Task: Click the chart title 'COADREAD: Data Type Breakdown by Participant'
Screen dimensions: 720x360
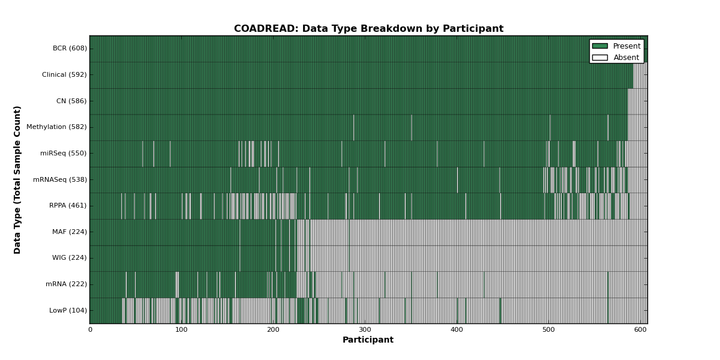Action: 368,29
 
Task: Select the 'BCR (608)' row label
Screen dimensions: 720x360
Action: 70,48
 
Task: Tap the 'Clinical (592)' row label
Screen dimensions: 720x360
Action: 64,74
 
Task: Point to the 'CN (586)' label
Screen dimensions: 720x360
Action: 71,101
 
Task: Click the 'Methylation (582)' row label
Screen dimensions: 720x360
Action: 56,127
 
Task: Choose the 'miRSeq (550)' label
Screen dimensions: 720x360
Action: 64,154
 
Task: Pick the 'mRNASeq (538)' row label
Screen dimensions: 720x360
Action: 60,179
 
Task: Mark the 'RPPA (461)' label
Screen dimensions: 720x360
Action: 68,205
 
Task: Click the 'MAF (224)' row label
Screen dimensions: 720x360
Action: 70,232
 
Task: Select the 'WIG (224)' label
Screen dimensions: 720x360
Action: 70,258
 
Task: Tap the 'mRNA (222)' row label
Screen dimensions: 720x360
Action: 66,284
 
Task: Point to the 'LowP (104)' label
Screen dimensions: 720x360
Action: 68,311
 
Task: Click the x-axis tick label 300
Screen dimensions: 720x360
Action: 365,330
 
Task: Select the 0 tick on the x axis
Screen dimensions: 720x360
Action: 91,330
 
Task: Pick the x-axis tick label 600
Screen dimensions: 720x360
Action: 640,330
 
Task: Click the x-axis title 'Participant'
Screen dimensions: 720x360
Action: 368,340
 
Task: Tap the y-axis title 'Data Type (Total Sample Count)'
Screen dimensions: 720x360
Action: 17,180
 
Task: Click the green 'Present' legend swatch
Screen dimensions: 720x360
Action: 600,46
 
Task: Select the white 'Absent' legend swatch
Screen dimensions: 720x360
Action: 600,58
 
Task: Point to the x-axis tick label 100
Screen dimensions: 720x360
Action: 181,330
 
